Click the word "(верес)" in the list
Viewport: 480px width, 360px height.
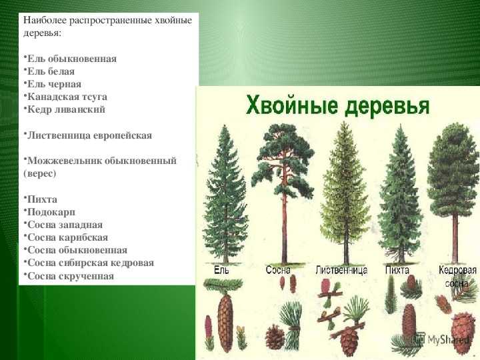pyautogui.click(x=40, y=173)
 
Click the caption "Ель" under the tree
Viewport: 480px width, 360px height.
pyautogui.click(x=221, y=270)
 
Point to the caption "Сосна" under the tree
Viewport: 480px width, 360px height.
pyautogui.click(x=278, y=270)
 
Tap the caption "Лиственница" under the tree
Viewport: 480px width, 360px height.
pyautogui.click(x=341, y=270)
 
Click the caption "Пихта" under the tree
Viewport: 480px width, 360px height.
pyautogui.click(x=397, y=270)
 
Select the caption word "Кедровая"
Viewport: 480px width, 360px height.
pyautogui.click(x=457, y=270)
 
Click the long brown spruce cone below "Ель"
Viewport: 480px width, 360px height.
pyautogui.click(x=225, y=323)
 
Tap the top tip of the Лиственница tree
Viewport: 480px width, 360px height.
pyautogui.click(x=345, y=121)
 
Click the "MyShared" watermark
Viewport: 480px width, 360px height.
pyautogui.click(x=443, y=339)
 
